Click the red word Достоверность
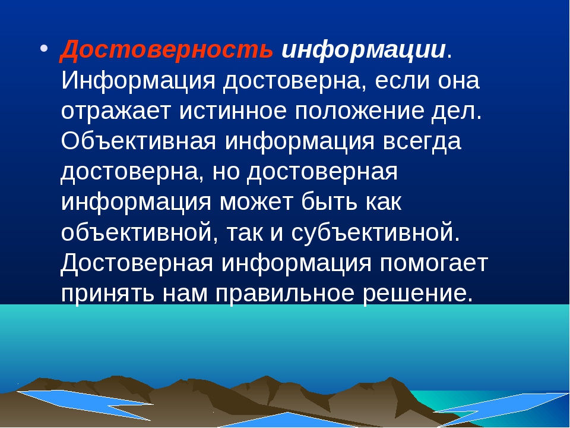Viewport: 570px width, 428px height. (x=166, y=50)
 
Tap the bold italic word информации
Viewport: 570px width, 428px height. (x=364, y=51)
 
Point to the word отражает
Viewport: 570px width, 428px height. (x=116, y=111)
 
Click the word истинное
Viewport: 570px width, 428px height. (x=233, y=111)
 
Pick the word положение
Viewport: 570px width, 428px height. (x=359, y=111)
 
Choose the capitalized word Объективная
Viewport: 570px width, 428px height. (x=138, y=141)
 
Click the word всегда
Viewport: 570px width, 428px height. (x=422, y=142)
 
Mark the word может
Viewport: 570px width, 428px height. (x=256, y=202)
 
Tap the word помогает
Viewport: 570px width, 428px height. (x=433, y=263)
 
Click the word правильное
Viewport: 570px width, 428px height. (x=284, y=293)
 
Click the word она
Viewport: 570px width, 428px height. (x=458, y=81)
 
